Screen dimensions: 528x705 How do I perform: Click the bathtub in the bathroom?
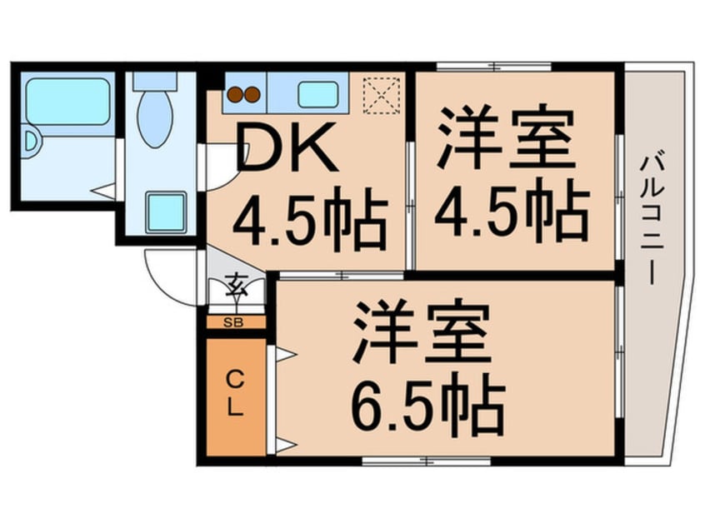pyautogui.click(x=67, y=102)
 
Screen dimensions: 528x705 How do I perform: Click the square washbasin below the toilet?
pyautogui.click(x=165, y=212)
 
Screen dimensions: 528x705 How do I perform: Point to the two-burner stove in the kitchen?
pyautogui.click(x=245, y=95)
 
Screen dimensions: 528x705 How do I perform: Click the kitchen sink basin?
pyautogui.click(x=317, y=94)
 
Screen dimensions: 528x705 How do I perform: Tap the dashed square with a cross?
pyautogui.click(x=382, y=93)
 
